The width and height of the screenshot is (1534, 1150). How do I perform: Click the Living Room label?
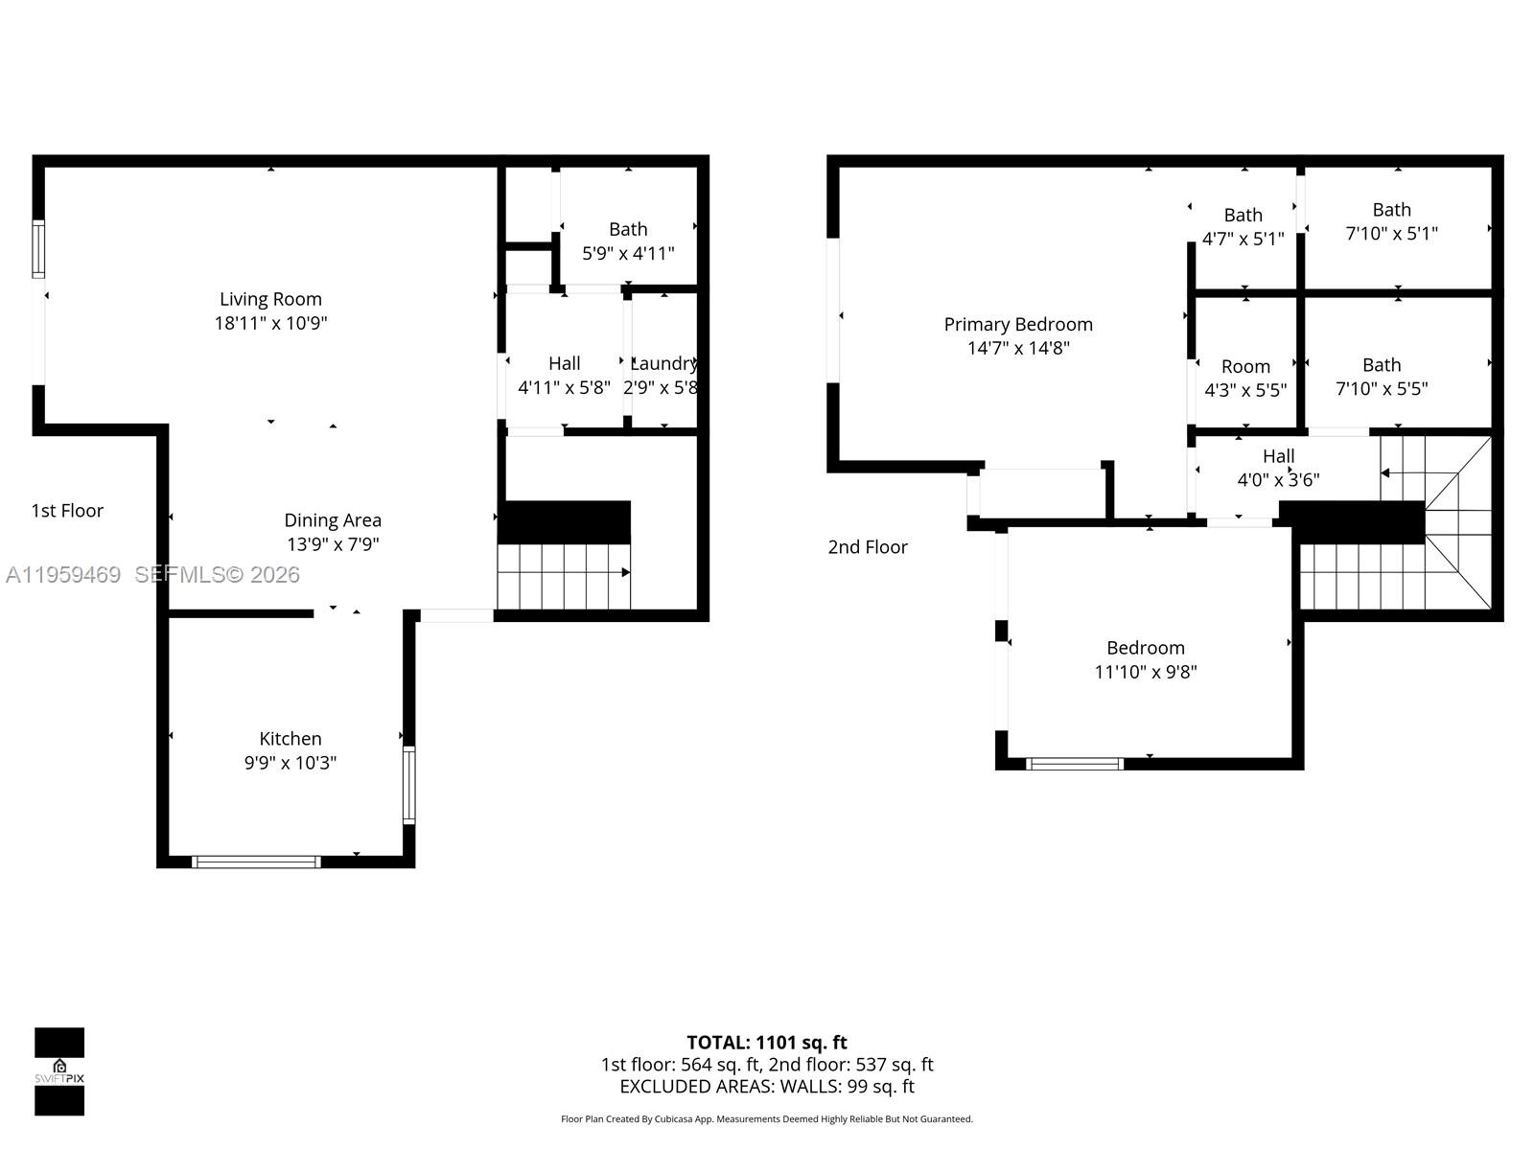click(x=270, y=299)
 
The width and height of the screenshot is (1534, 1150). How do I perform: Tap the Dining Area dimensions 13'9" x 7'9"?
click(x=333, y=544)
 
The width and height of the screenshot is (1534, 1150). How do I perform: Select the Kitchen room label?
click(x=291, y=739)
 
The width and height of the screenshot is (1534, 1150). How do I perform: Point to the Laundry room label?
click(x=663, y=363)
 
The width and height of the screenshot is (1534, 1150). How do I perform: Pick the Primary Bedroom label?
click(x=1018, y=325)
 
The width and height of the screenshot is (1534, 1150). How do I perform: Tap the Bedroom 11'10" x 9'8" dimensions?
click(x=1146, y=672)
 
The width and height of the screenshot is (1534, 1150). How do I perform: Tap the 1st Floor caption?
click(x=67, y=511)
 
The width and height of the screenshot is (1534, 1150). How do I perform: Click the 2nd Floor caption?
click(x=868, y=547)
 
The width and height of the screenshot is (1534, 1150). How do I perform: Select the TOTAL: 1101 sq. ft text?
click(x=767, y=1043)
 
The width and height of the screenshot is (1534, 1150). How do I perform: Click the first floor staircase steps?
click(x=563, y=575)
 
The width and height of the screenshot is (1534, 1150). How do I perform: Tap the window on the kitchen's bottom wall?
click(x=256, y=862)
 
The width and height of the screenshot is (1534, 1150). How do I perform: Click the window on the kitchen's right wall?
click(x=409, y=785)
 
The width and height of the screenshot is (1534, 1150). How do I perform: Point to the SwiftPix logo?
click(x=59, y=1071)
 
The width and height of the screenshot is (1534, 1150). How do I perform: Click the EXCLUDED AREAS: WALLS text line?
click(x=767, y=1087)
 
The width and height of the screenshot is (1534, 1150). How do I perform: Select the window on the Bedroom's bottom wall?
click(x=1074, y=764)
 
